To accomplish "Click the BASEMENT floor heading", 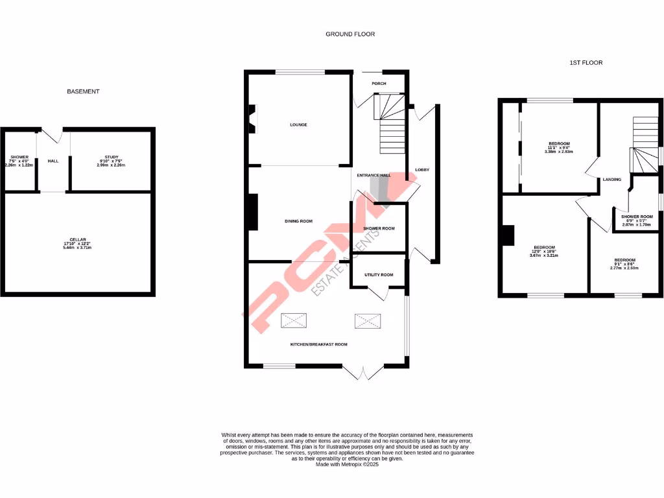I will pos(83,91).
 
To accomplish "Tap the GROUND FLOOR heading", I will pos(350,34).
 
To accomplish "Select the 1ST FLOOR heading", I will pos(586,63).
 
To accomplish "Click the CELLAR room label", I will pos(79,240).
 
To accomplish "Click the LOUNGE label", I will pos(298,124).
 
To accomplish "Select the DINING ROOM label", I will pos(298,221).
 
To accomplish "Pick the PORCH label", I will pos(379,84).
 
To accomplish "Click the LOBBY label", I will pos(422,170).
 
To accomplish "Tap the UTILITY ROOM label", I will pos(379,275).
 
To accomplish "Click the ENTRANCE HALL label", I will pos(374,175).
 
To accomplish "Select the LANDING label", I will pos(611,180).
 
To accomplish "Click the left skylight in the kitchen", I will pos(294,320).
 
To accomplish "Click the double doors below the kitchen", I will pos(363,373).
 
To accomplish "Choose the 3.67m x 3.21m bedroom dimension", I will pos(544,255).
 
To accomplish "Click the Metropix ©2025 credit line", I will pos(347,464).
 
